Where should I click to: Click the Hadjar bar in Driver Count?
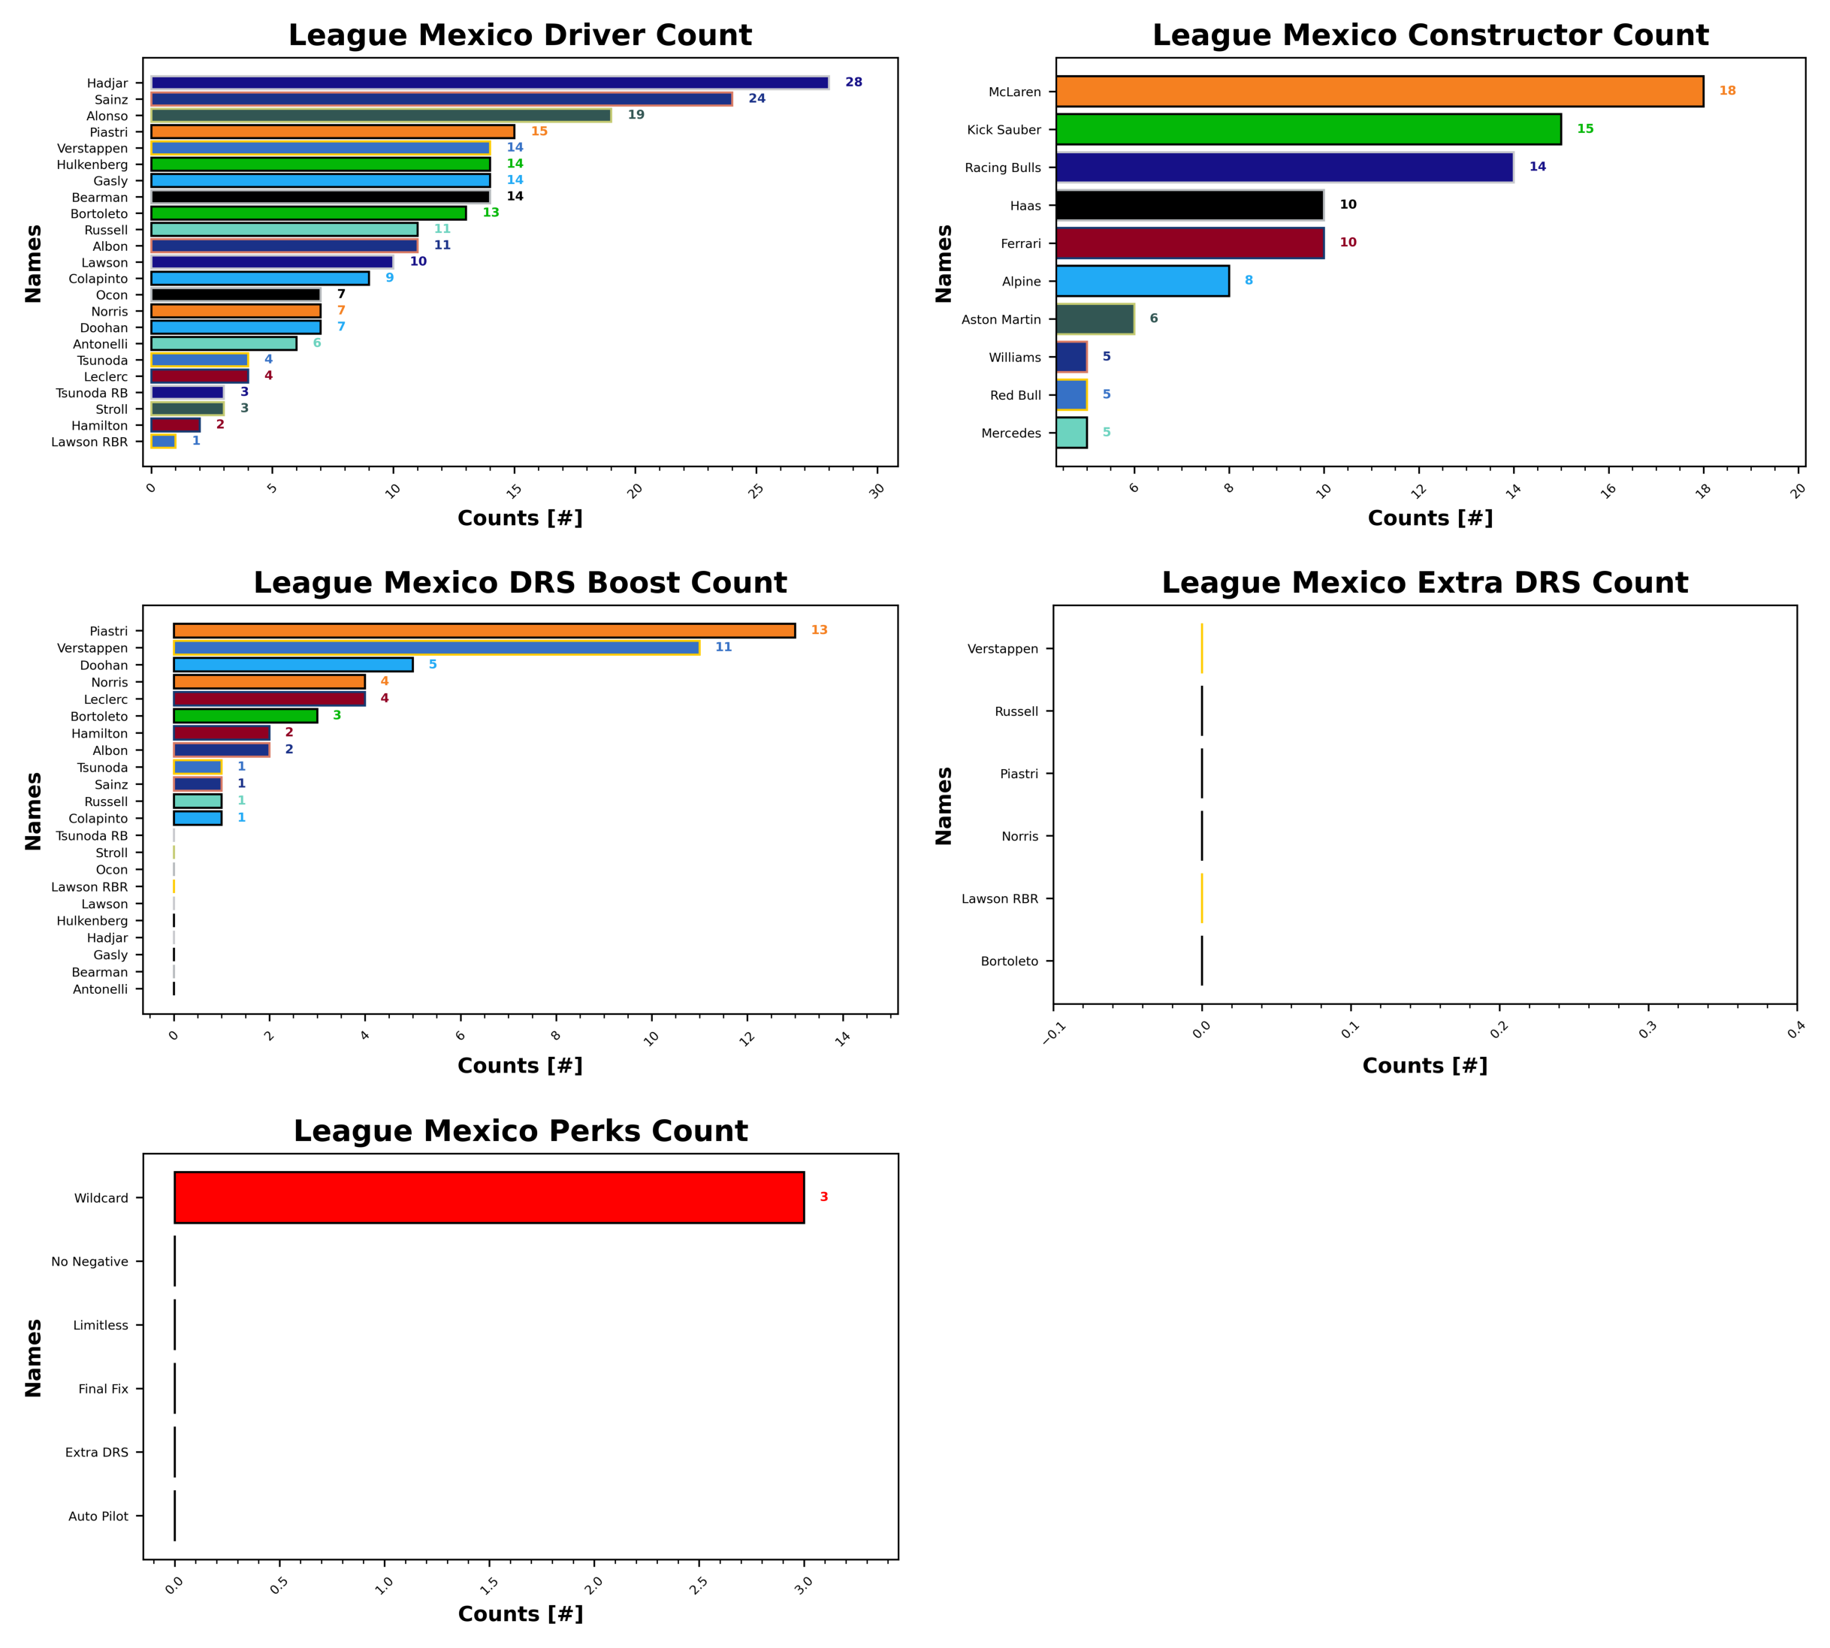[489, 83]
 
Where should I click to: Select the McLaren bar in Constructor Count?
[1379, 92]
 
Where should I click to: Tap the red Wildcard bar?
[489, 1197]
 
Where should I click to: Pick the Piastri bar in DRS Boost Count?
[485, 630]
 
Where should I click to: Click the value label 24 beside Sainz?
[757, 98]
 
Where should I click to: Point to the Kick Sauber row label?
[1004, 129]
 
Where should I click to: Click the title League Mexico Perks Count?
[521, 1131]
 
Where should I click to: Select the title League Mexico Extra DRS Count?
[1424, 582]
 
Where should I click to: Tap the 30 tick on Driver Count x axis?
[877, 490]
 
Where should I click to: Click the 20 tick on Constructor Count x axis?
[1798, 490]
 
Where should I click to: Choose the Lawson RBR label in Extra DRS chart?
[1000, 898]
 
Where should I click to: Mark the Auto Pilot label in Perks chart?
[98, 1516]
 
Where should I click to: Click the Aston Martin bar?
[1095, 318]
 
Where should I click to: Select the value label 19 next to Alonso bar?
[636, 115]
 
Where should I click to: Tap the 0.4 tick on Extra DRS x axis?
[1795, 1031]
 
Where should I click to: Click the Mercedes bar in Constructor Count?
[1071, 433]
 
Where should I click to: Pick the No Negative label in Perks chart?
[89, 1261]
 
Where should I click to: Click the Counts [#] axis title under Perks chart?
[521, 1613]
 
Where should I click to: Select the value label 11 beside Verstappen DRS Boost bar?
[723, 647]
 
